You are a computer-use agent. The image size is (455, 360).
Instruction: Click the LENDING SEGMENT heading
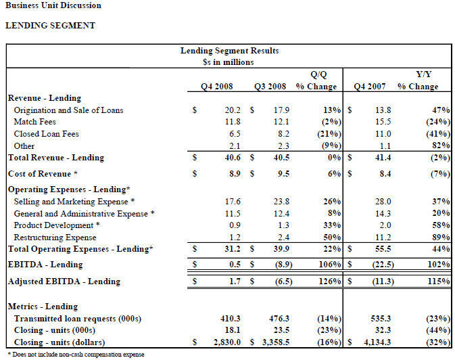coord(50,26)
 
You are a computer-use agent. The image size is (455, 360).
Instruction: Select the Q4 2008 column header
coord(217,87)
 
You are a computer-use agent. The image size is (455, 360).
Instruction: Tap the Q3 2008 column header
coord(270,87)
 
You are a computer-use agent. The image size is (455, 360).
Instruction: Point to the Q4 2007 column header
coord(370,87)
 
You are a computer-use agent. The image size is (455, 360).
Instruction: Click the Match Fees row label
coord(35,122)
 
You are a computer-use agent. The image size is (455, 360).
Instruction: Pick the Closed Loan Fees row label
coord(47,134)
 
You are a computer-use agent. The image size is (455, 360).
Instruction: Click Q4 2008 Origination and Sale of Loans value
coord(233,110)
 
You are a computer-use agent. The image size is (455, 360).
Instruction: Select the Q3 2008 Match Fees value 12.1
coord(281,122)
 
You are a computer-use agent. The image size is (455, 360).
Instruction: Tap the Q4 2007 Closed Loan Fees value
coord(383,134)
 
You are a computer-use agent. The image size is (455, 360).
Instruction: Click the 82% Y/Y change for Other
coord(441,145)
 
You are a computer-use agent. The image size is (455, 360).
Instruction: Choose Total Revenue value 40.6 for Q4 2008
coord(233,158)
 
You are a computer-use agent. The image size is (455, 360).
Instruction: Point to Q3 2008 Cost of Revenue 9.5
coord(283,174)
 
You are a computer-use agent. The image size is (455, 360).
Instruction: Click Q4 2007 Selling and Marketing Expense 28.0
coord(383,202)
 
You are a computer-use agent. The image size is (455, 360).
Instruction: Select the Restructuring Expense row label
coord(55,238)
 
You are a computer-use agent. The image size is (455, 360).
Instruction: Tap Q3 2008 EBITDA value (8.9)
coord(282,265)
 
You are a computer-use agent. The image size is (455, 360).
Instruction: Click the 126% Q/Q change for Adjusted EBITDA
coord(330,282)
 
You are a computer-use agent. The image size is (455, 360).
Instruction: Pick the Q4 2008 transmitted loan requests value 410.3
coord(231,319)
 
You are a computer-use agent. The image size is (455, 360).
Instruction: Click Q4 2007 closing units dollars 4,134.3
coord(377,342)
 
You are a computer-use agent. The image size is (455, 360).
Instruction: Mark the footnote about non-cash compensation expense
coord(76,355)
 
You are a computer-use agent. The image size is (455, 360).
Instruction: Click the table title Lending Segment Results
coord(230,51)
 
